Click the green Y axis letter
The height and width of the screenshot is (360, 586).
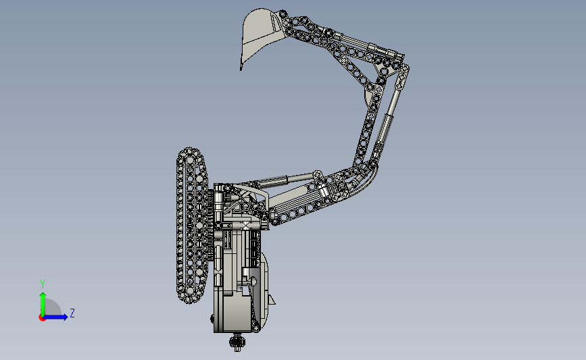tap(43, 284)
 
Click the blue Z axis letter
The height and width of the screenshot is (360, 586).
tap(72, 313)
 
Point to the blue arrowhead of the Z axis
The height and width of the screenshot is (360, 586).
tap(65, 317)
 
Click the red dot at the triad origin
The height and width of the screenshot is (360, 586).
tap(42, 318)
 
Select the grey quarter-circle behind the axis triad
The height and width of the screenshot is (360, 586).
tap(53, 307)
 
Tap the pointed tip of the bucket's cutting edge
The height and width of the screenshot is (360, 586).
tap(241, 70)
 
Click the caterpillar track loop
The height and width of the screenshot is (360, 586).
tap(191, 225)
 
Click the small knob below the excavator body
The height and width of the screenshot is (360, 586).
tap(237, 342)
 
